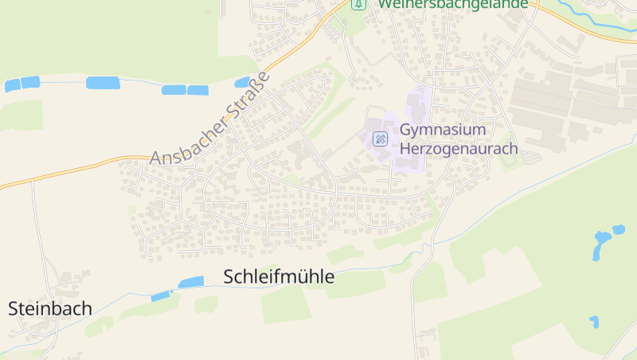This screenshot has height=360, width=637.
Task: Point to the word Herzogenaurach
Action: (x=459, y=148)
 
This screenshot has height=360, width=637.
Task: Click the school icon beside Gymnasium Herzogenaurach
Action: (x=381, y=139)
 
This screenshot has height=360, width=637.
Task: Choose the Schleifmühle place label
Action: (x=279, y=277)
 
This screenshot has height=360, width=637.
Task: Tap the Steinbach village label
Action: (x=50, y=308)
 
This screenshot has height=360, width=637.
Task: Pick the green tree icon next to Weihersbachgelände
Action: (x=358, y=4)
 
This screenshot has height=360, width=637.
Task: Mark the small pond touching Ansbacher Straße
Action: (x=242, y=82)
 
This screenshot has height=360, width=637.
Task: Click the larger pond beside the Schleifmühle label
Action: (x=191, y=282)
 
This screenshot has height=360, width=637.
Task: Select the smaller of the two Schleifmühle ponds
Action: (x=161, y=296)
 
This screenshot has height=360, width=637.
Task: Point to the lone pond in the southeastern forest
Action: (x=594, y=322)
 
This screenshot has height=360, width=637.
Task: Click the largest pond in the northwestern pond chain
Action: (x=103, y=82)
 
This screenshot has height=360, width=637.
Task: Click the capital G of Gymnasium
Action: (x=406, y=130)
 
